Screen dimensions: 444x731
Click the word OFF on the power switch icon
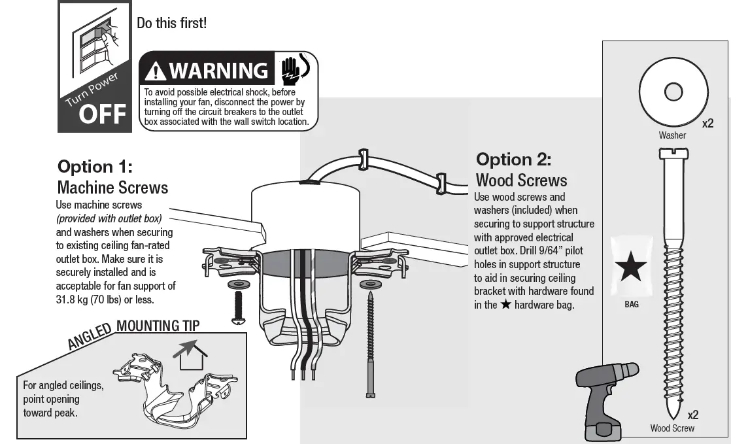pos(102,114)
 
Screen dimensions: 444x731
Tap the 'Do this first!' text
pos(171,23)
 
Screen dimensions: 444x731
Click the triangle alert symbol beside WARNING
pos(156,71)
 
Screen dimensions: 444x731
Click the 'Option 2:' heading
pos(513,160)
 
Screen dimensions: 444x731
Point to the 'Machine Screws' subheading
pos(112,188)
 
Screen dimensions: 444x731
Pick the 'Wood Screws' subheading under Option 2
pos(521,180)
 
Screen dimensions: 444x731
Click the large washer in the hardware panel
pos(673,92)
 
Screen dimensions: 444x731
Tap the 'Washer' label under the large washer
pos(672,135)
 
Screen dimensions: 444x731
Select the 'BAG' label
pos(631,304)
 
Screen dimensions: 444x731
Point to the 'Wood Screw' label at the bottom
pos(672,428)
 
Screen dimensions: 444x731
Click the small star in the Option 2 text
pos(505,305)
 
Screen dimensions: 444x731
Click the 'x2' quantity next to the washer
pos(707,123)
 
